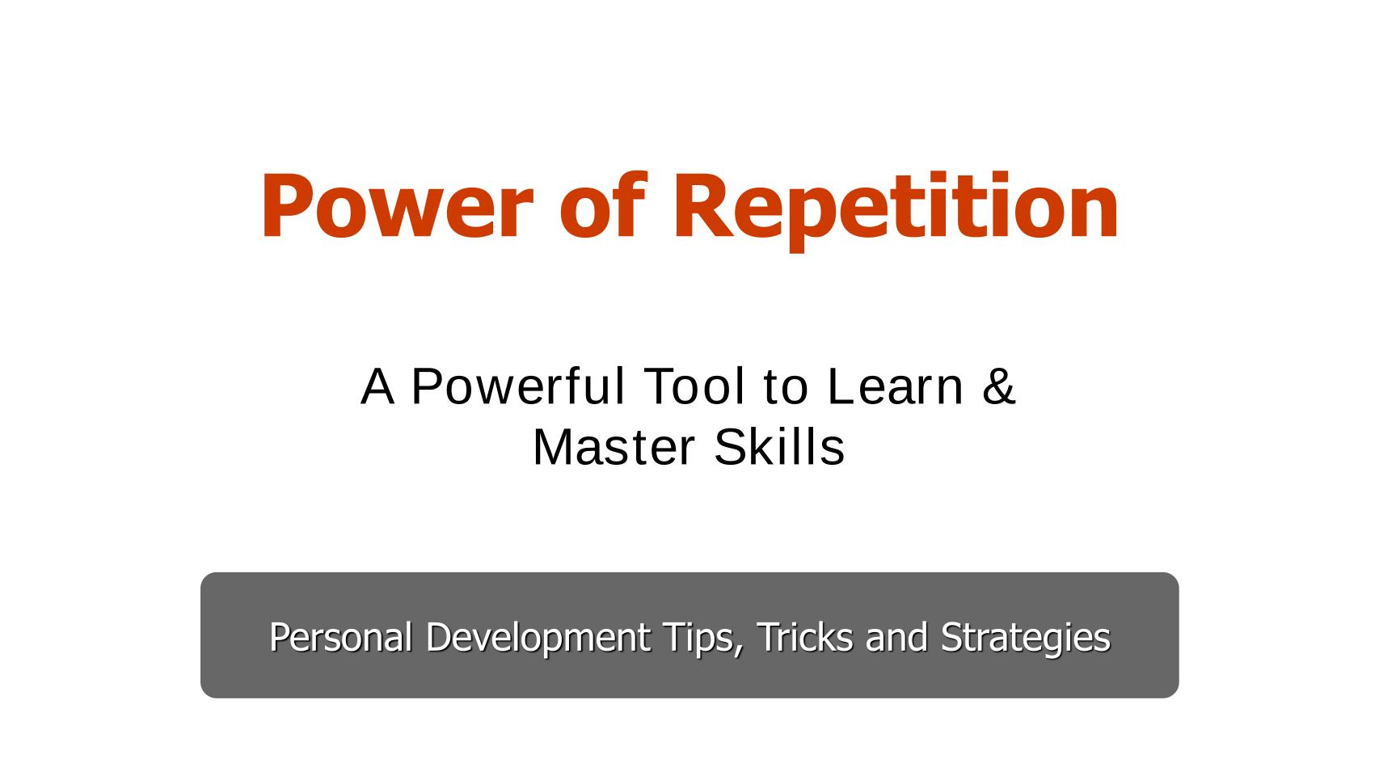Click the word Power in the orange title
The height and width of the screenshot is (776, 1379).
click(x=396, y=207)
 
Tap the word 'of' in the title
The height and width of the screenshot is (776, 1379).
click(x=603, y=207)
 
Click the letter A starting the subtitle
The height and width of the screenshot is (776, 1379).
click(x=377, y=386)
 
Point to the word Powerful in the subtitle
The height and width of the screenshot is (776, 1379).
click(x=518, y=386)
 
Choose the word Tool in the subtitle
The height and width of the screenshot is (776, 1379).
click(x=694, y=386)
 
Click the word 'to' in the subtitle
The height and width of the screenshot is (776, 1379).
click(x=785, y=386)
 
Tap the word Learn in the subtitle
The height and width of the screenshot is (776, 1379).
click(x=896, y=386)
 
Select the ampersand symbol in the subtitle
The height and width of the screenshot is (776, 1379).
click(x=999, y=386)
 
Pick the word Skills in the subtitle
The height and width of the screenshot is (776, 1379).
click(x=779, y=448)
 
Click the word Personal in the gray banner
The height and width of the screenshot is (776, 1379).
click(x=340, y=637)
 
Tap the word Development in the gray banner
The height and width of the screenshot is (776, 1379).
click(x=538, y=637)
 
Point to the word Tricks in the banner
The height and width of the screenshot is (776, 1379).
click(x=804, y=637)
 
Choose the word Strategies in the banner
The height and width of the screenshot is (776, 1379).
click(x=1026, y=637)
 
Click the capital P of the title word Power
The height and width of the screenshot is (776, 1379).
click(x=286, y=207)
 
